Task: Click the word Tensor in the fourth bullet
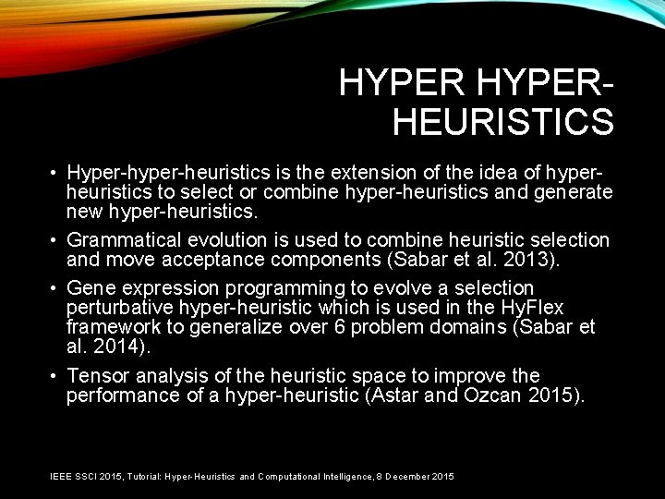[97, 376]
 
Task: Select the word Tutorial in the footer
[145, 476]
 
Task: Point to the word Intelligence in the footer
[345, 476]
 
